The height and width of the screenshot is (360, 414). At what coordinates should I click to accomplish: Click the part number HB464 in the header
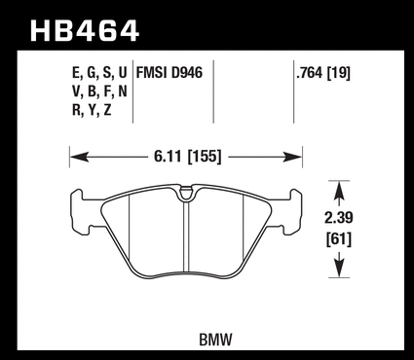pos(85,31)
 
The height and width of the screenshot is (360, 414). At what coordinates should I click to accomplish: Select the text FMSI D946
pos(169,73)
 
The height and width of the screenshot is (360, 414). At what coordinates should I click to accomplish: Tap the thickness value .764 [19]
pos(323,73)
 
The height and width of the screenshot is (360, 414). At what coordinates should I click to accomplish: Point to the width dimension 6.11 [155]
pos(188,157)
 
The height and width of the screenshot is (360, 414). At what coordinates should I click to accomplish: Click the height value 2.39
pos(339,218)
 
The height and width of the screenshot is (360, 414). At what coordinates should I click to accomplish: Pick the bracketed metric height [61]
pos(339,239)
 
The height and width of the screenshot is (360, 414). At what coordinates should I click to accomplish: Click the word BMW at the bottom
pos(215,340)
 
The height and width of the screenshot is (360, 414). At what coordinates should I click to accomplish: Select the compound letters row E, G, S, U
pos(99,74)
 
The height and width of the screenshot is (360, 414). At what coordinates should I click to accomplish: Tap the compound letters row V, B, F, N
pos(99,92)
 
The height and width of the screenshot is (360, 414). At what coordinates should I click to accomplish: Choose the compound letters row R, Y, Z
pos(92,111)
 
